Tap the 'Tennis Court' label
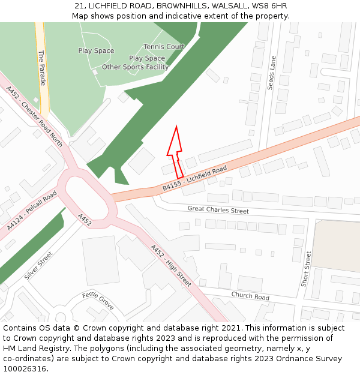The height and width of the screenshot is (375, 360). pyautogui.click(x=164, y=47)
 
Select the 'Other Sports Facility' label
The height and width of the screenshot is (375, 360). pyautogui.click(x=135, y=67)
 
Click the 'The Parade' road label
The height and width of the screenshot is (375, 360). pyautogui.click(x=42, y=67)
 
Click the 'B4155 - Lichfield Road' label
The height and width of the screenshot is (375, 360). pyautogui.click(x=195, y=179)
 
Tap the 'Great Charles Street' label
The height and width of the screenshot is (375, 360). pyautogui.click(x=218, y=211)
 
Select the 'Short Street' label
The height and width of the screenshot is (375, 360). pyautogui.click(x=306, y=268)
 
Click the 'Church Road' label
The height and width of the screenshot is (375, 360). pyautogui.click(x=250, y=296)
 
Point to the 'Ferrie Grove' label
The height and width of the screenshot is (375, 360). pyautogui.click(x=98, y=301)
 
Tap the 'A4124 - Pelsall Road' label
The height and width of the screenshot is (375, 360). pyautogui.click(x=32, y=211)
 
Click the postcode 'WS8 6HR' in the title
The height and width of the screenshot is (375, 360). pyautogui.click(x=270, y=6)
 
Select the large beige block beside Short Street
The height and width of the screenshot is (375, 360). pyautogui.click(x=336, y=245)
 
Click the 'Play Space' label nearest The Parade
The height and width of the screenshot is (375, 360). pyautogui.click(x=96, y=51)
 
